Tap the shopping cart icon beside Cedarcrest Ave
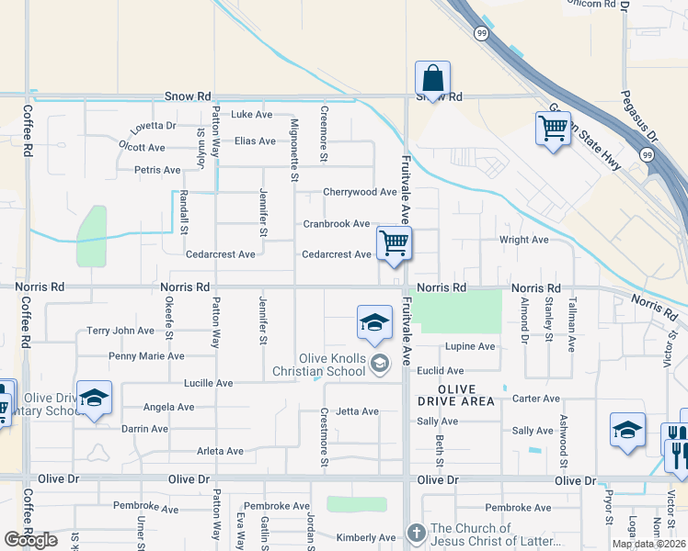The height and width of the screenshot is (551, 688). (x=394, y=243)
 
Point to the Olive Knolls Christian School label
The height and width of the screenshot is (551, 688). (x=332, y=365)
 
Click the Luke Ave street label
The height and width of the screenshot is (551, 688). (x=252, y=115)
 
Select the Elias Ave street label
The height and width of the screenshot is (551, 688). (x=255, y=141)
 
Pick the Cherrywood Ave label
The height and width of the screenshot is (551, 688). (x=360, y=192)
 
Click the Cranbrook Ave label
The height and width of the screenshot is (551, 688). (x=337, y=224)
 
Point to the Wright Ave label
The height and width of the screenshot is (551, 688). (x=523, y=240)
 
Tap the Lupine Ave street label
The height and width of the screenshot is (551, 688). (x=470, y=347)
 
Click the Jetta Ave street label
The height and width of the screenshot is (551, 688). (x=357, y=411)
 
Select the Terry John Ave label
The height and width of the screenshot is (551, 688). (x=120, y=331)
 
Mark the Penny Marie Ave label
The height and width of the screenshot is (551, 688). (x=146, y=356)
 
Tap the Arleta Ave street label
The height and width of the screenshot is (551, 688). (x=220, y=451)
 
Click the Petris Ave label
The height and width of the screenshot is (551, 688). (x=157, y=170)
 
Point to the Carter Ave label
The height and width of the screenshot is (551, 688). (x=535, y=399)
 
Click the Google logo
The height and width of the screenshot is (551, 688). (x=31, y=539)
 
